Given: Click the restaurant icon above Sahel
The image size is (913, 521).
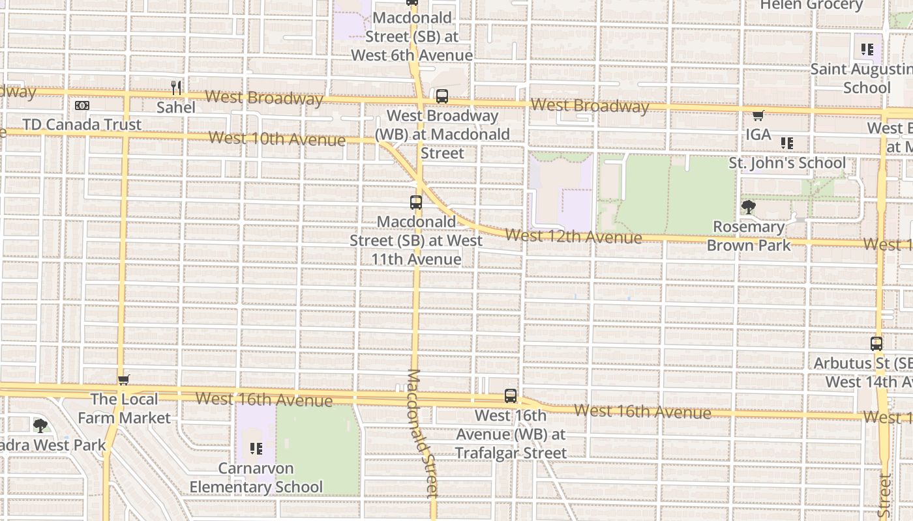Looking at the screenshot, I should pyautogui.click(x=175, y=88).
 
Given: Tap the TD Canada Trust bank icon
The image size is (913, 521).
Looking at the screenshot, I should pyautogui.click(x=82, y=106).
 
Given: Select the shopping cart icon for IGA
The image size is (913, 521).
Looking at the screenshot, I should pyautogui.click(x=758, y=116).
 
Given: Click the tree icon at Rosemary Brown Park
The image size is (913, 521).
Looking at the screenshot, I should pyautogui.click(x=748, y=208).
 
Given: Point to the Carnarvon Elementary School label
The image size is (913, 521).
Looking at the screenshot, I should pyautogui.click(x=256, y=477).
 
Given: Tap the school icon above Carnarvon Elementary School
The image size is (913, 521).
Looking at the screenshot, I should pyautogui.click(x=256, y=449).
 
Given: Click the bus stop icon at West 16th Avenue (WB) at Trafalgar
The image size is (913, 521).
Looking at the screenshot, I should pyautogui.click(x=511, y=396).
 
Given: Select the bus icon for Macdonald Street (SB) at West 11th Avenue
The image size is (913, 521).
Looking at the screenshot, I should pyautogui.click(x=416, y=203).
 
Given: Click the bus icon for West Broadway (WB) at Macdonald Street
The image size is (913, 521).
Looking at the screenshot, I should pyautogui.click(x=442, y=97).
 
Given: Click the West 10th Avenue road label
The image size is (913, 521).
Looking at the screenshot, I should pyautogui.click(x=277, y=139).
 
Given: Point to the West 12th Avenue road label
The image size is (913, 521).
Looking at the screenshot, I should pyautogui.click(x=573, y=236).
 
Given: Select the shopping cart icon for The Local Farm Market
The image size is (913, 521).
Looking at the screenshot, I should pyautogui.click(x=123, y=380).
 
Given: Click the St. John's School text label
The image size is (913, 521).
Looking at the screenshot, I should pyautogui.click(x=786, y=163).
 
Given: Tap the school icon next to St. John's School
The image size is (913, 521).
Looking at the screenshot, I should pyautogui.click(x=787, y=143).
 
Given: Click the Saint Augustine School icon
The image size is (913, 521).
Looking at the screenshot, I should pyautogui.click(x=867, y=49).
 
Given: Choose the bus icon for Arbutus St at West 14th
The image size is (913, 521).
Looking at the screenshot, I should pyautogui.click(x=876, y=344).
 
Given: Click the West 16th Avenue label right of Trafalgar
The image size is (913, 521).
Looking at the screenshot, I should pyautogui.click(x=642, y=412).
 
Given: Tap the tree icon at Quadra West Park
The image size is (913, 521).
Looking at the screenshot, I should pyautogui.click(x=40, y=427).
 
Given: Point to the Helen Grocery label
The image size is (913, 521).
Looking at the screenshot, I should pyautogui.click(x=811, y=5).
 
